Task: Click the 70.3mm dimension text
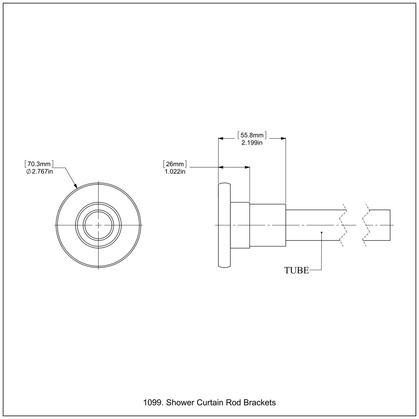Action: tap(39, 164)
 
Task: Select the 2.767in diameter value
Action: tap(42, 171)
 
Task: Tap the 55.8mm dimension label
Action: tap(252, 135)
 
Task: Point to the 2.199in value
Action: tap(252, 143)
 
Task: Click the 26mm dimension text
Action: tap(175, 164)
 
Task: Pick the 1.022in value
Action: tap(175, 171)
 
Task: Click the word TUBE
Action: tap(296, 270)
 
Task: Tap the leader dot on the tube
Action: tap(322, 232)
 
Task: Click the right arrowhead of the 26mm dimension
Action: tap(247, 167)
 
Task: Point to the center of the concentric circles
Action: tap(99, 225)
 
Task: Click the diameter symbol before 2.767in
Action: tap(28, 171)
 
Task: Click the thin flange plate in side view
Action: tap(224, 225)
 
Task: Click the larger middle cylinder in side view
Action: tap(268, 225)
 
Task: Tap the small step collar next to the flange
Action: tap(240, 225)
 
